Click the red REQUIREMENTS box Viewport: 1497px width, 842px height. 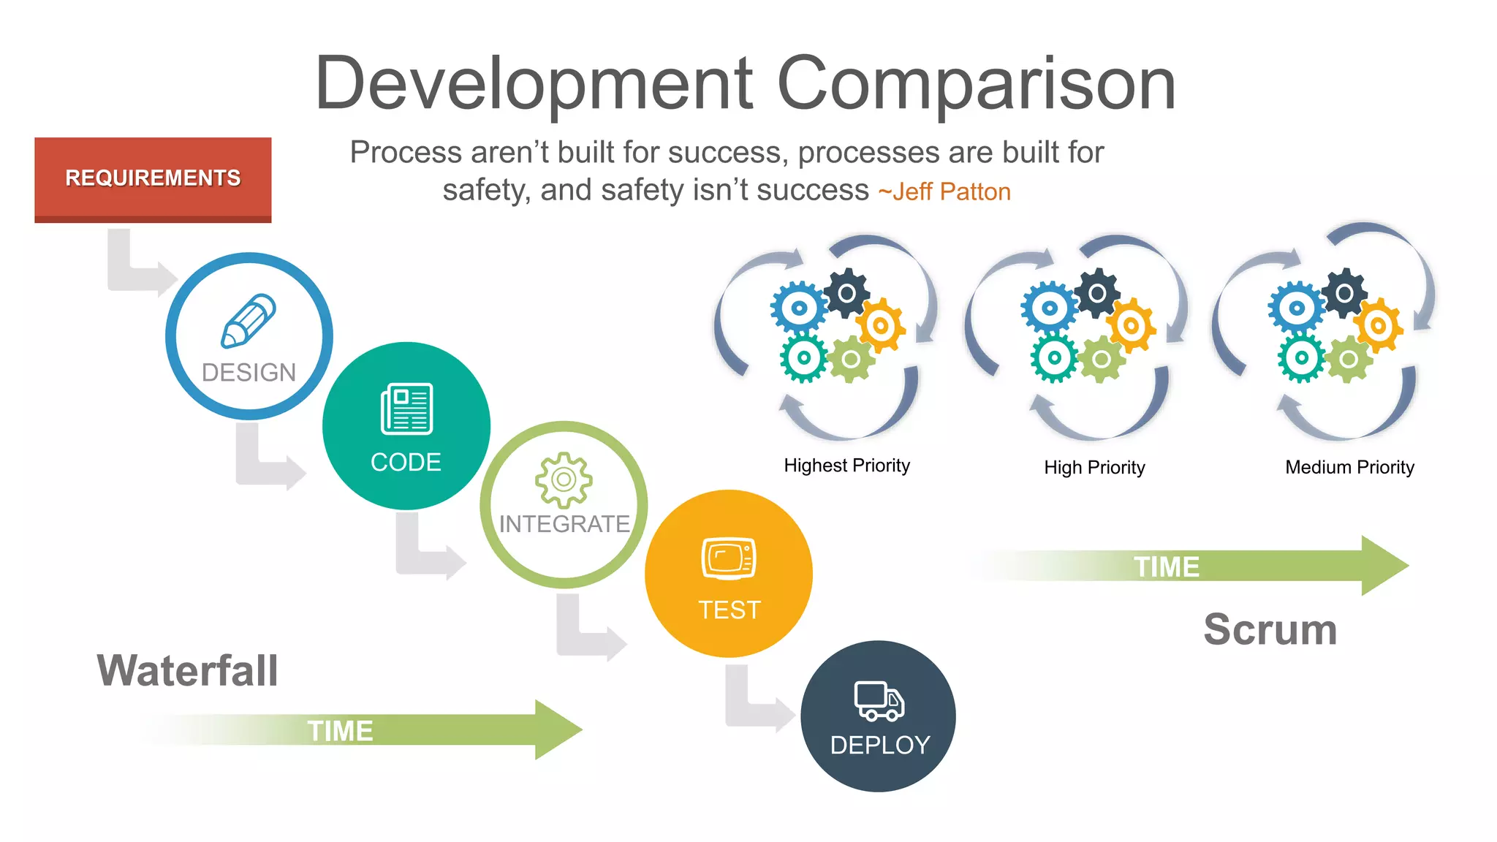(153, 178)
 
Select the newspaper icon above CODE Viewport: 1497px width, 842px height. (406, 409)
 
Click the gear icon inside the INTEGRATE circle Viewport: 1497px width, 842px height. (564, 479)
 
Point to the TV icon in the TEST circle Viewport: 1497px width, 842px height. (728, 559)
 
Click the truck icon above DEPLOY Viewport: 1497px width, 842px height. (879, 702)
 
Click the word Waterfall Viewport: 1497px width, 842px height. (188, 670)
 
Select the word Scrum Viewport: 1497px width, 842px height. (1270, 629)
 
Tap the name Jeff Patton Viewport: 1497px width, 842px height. (951, 191)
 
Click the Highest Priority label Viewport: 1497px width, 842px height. (846, 466)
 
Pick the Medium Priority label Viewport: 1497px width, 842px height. (1349, 467)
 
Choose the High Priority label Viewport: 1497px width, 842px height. (1094, 467)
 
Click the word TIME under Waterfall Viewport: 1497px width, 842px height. (340, 731)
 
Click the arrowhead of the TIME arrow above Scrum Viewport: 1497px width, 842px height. (1384, 566)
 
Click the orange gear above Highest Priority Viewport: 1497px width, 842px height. (881, 325)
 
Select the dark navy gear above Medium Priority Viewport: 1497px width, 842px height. (1344, 293)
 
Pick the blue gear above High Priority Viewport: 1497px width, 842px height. (1049, 308)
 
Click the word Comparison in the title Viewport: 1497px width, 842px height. (976, 84)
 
